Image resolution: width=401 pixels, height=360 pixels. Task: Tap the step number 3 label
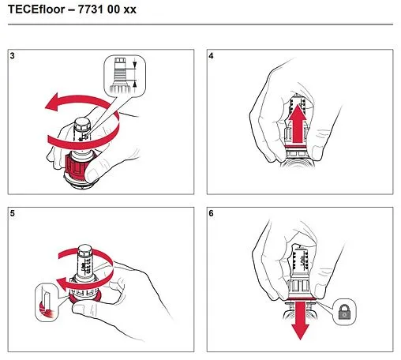pos(13,57)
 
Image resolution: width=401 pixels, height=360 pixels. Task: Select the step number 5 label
pos(13,213)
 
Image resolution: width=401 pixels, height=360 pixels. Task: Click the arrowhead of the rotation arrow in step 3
pos(49,102)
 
